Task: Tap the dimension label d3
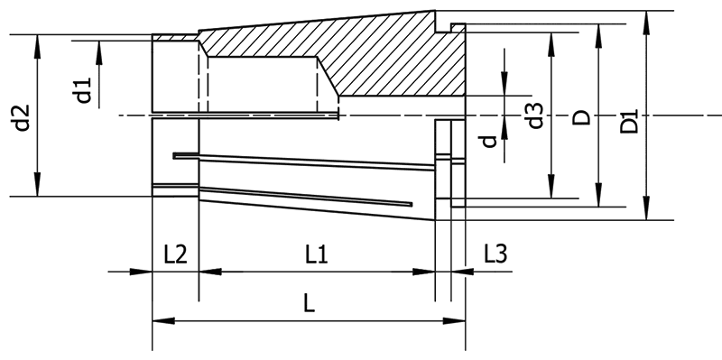coord(535,115)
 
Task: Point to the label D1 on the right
coord(631,120)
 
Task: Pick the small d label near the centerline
coord(487,141)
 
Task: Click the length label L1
coord(316,255)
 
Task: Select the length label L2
coord(175,255)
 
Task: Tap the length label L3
coord(495,255)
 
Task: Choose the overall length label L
coord(309,305)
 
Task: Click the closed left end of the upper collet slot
coord(176,155)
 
